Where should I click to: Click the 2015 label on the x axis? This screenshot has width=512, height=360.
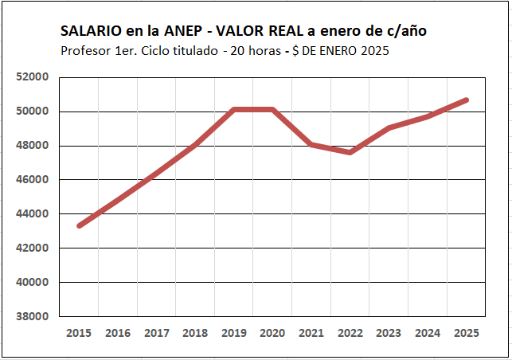click(79, 333)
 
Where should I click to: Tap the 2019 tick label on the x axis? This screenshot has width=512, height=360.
click(233, 333)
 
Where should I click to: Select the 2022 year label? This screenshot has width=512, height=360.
click(350, 333)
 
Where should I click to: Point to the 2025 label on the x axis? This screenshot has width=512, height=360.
click(466, 333)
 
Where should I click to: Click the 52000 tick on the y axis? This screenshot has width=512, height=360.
click(34, 77)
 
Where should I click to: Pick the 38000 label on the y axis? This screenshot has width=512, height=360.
click(34, 316)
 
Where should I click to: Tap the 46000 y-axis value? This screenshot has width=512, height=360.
click(34, 180)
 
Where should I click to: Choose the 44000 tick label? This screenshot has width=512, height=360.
click(34, 214)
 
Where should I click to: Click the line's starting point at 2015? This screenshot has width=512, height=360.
click(80, 225)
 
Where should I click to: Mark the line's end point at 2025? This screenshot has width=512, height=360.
click(466, 100)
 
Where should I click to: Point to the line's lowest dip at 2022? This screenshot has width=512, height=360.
click(350, 151)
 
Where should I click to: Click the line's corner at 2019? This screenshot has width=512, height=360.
click(234, 110)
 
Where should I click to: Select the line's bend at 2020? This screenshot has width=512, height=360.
click(272, 110)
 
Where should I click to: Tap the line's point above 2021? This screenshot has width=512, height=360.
click(311, 144)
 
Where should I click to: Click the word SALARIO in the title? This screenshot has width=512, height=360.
click(91, 31)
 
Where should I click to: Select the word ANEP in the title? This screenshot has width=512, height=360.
click(183, 31)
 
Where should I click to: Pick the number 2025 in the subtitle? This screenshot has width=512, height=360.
click(373, 50)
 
